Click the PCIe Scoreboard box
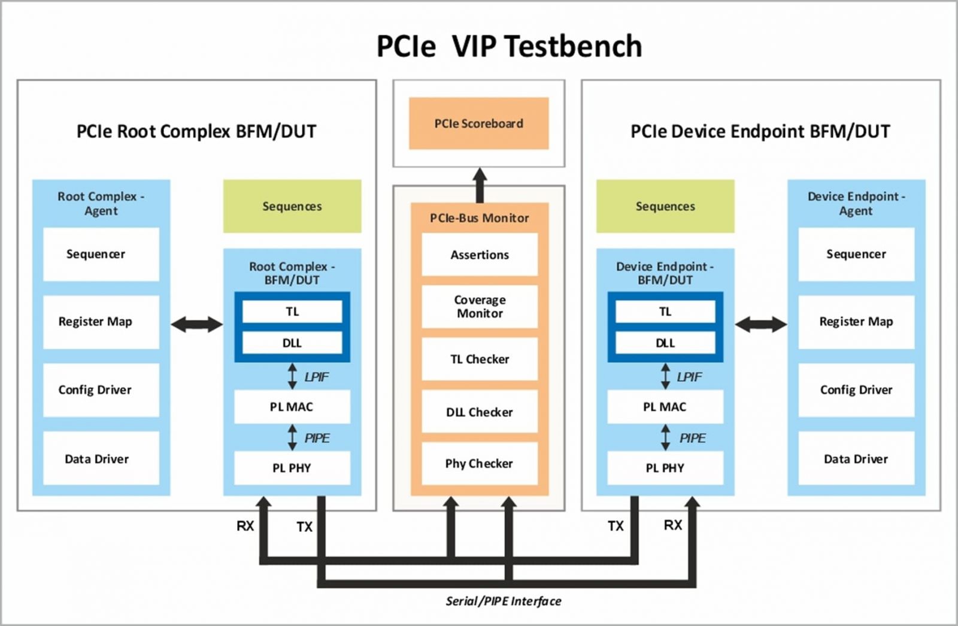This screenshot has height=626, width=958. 478,123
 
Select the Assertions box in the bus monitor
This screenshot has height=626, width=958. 480,255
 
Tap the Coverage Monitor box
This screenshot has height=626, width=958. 480,307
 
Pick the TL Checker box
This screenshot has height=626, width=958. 480,359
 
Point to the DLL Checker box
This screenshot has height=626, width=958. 480,412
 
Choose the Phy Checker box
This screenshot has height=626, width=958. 480,463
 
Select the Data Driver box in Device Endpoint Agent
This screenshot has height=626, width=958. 856,459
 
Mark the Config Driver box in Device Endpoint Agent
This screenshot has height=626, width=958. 856,390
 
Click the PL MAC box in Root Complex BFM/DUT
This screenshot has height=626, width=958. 292,407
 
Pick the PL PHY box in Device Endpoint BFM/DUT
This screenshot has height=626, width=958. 665,468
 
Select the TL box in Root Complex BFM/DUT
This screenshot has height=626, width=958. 292,312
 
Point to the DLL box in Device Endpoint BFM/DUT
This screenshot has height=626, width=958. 665,343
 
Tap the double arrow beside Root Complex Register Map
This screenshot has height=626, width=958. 196,325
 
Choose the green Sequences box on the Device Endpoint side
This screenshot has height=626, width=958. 665,206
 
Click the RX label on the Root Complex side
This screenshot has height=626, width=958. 245,526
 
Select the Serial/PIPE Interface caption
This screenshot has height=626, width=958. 503,601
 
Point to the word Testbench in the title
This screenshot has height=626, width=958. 575,46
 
